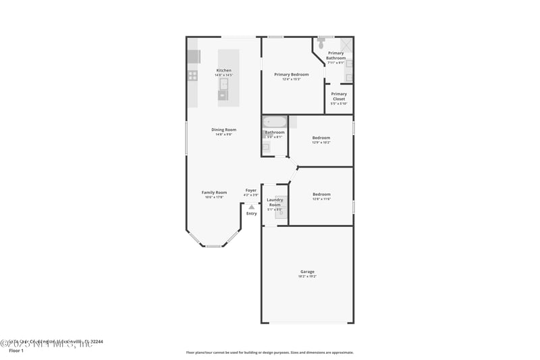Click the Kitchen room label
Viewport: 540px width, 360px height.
click(x=223, y=70)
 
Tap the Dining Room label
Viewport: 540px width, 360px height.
click(x=223, y=130)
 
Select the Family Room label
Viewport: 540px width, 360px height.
click(x=214, y=192)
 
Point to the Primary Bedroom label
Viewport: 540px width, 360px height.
click(x=291, y=74)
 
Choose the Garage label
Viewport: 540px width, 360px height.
click(x=307, y=272)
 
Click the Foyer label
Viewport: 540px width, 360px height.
click(x=250, y=190)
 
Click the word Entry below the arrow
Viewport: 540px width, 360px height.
click(x=251, y=213)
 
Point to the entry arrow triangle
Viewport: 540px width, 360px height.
click(x=251, y=207)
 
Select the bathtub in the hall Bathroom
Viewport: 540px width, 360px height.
click(x=275, y=122)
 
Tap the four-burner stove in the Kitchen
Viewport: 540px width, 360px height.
click(x=192, y=76)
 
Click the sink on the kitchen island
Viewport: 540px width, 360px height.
click(x=223, y=84)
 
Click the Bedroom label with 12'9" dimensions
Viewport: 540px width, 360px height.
click(x=321, y=138)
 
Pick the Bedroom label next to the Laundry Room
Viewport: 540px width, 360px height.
click(x=321, y=195)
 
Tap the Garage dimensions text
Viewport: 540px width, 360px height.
click(x=307, y=276)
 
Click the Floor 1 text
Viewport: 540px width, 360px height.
click(x=16, y=351)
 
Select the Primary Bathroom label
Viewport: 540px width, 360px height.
click(x=335, y=55)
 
